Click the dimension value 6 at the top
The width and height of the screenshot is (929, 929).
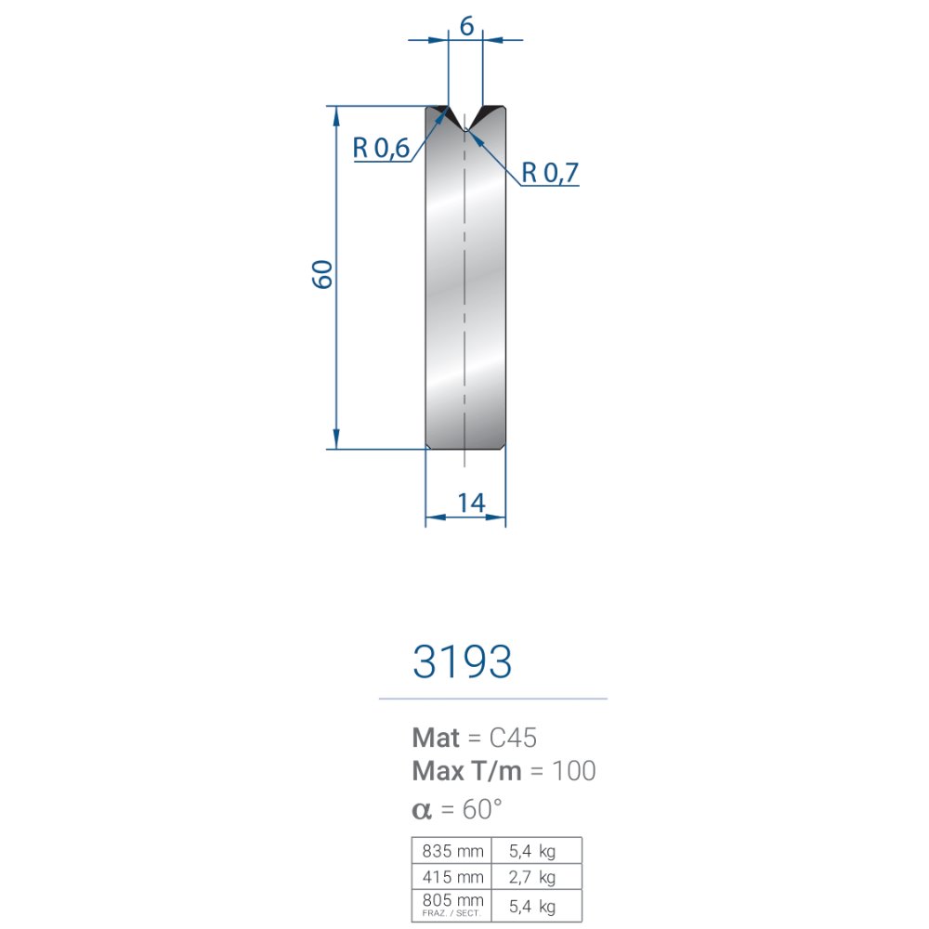click(x=466, y=26)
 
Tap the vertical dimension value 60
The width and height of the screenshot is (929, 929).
click(x=322, y=274)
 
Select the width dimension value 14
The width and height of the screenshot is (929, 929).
click(x=471, y=503)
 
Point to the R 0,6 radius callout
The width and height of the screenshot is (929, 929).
click(x=381, y=148)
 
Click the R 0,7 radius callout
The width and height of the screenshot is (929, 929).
click(x=549, y=173)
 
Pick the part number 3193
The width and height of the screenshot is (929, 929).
click(x=462, y=661)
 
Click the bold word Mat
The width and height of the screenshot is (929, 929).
click(x=436, y=738)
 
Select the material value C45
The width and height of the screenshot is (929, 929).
click(x=513, y=738)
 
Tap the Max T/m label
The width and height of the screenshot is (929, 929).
click(x=467, y=771)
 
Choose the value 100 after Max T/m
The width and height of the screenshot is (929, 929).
click(x=573, y=771)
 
